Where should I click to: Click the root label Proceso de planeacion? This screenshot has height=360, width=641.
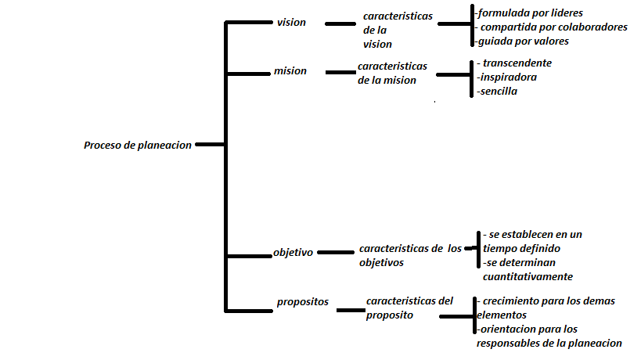point(137,146)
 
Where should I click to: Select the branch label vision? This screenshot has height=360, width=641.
point(291,23)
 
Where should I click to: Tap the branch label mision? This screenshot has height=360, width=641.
point(290,71)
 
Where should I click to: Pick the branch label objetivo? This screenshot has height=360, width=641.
point(293,253)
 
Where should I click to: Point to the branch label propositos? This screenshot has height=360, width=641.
point(302,301)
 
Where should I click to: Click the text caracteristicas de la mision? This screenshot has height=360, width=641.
point(392,73)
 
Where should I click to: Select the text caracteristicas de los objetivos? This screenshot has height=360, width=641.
point(410,255)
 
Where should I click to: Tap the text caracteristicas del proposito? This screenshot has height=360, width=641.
point(409,308)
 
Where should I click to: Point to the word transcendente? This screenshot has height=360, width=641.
point(517,63)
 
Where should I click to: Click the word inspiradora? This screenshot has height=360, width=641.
point(509,77)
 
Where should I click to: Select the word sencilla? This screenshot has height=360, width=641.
point(499,91)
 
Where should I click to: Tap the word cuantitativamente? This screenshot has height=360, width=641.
point(528,276)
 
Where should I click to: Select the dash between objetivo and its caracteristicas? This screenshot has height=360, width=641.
point(335,253)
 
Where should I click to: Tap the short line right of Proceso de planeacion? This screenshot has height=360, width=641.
point(209,145)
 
